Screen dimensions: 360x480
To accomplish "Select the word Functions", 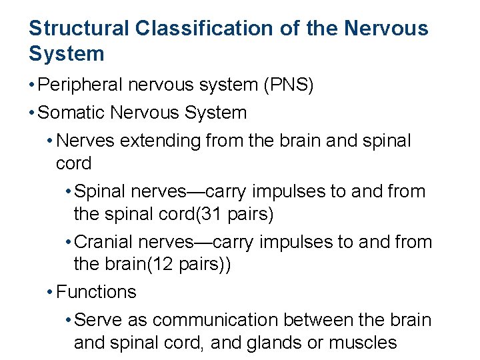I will pyautogui.click(x=97, y=292).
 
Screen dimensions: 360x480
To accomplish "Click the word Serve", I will pyautogui.click(x=96, y=320).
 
